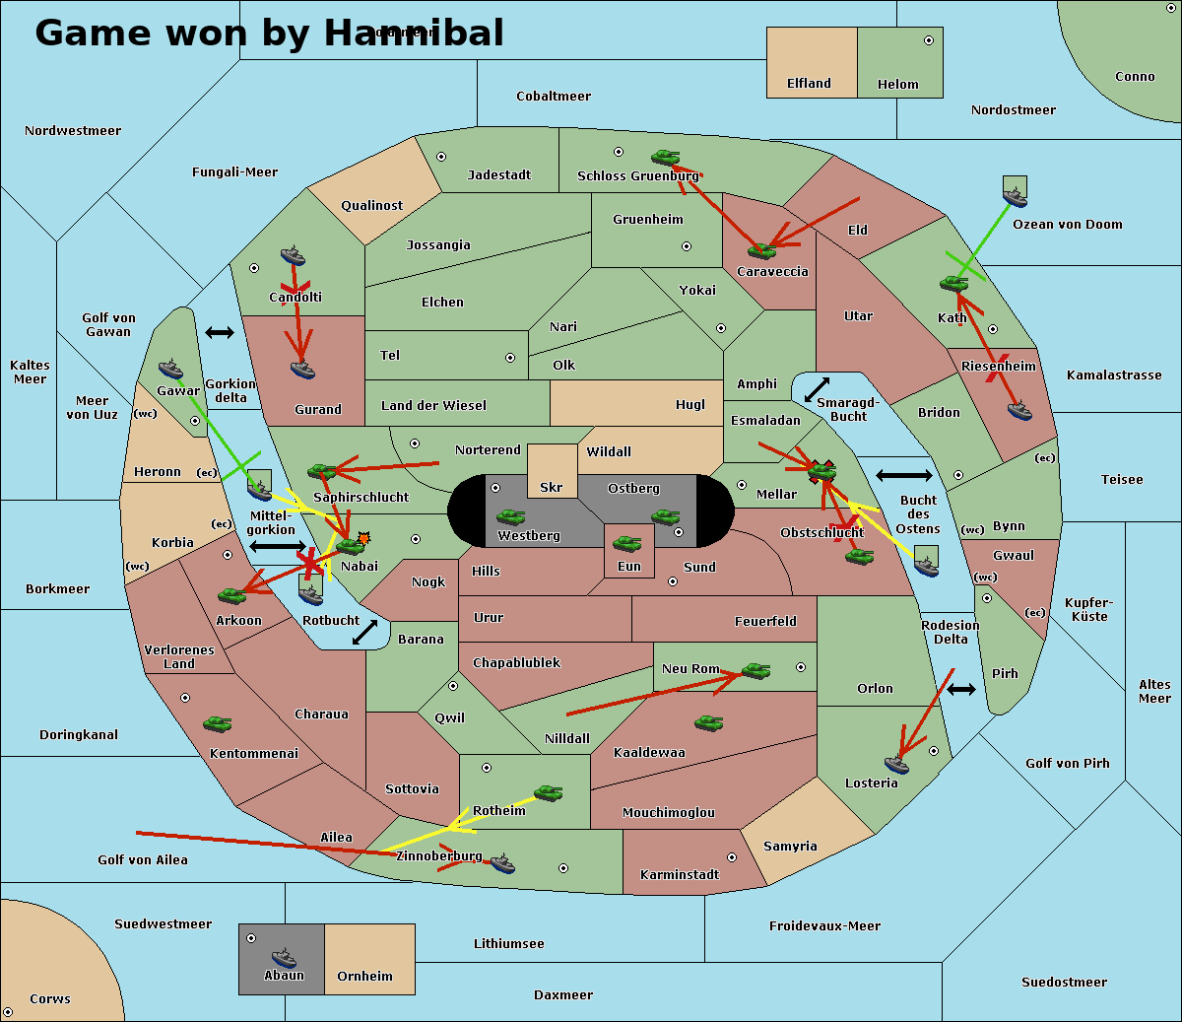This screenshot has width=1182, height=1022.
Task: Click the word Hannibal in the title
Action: click(414, 33)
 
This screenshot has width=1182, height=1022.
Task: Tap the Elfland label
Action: click(809, 84)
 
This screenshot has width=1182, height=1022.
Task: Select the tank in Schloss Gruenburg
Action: click(666, 157)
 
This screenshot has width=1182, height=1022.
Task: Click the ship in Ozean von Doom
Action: click(1015, 189)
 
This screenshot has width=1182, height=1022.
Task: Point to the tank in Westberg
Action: click(510, 516)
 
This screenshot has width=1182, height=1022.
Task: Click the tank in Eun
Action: click(627, 543)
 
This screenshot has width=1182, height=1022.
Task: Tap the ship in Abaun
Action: click(284, 957)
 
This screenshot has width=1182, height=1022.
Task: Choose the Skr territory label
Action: click(552, 487)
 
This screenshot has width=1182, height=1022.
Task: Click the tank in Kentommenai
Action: click(218, 723)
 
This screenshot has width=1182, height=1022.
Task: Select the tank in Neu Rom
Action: click(755, 670)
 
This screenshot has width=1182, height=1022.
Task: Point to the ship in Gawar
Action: click(171, 370)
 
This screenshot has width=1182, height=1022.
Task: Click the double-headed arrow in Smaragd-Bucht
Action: click(818, 389)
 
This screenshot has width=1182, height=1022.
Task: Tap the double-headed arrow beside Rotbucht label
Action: click(364, 632)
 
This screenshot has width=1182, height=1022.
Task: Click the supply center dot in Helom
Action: click(928, 40)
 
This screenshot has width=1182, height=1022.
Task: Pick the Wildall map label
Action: click(609, 451)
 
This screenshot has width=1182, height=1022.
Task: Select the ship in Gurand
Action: click(302, 370)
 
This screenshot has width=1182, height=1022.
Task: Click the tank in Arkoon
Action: click(231, 595)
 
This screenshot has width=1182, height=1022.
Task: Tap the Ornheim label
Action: click(364, 976)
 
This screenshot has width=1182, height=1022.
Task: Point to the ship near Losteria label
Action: click(896, 763)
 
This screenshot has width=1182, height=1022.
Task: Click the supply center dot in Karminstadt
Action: click(732, 857)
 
